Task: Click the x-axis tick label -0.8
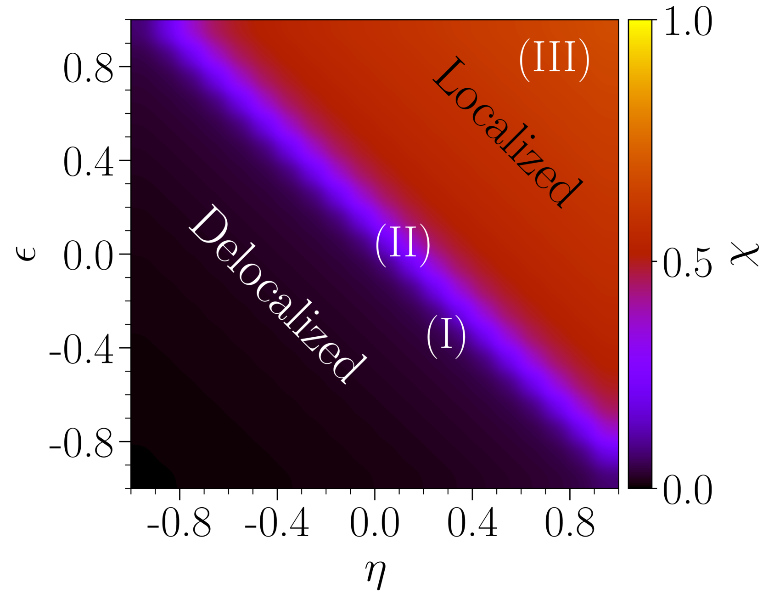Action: coord(179,523)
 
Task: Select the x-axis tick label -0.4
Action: coord(277,523)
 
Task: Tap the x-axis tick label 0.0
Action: coord(375,523)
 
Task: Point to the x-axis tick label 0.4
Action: coord(472,523)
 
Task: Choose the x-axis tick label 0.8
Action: coord(570,523)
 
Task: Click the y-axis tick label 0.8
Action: coord(89,68)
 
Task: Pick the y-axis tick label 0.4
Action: coord(89,161)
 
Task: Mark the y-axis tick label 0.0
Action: coord(89,255)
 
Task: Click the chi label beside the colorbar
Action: coord(744,254)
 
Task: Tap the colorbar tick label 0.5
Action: coord(688,262)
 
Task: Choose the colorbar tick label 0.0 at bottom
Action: coord(688,490)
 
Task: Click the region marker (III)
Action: coord(554,61)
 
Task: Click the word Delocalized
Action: coord(277,294)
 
